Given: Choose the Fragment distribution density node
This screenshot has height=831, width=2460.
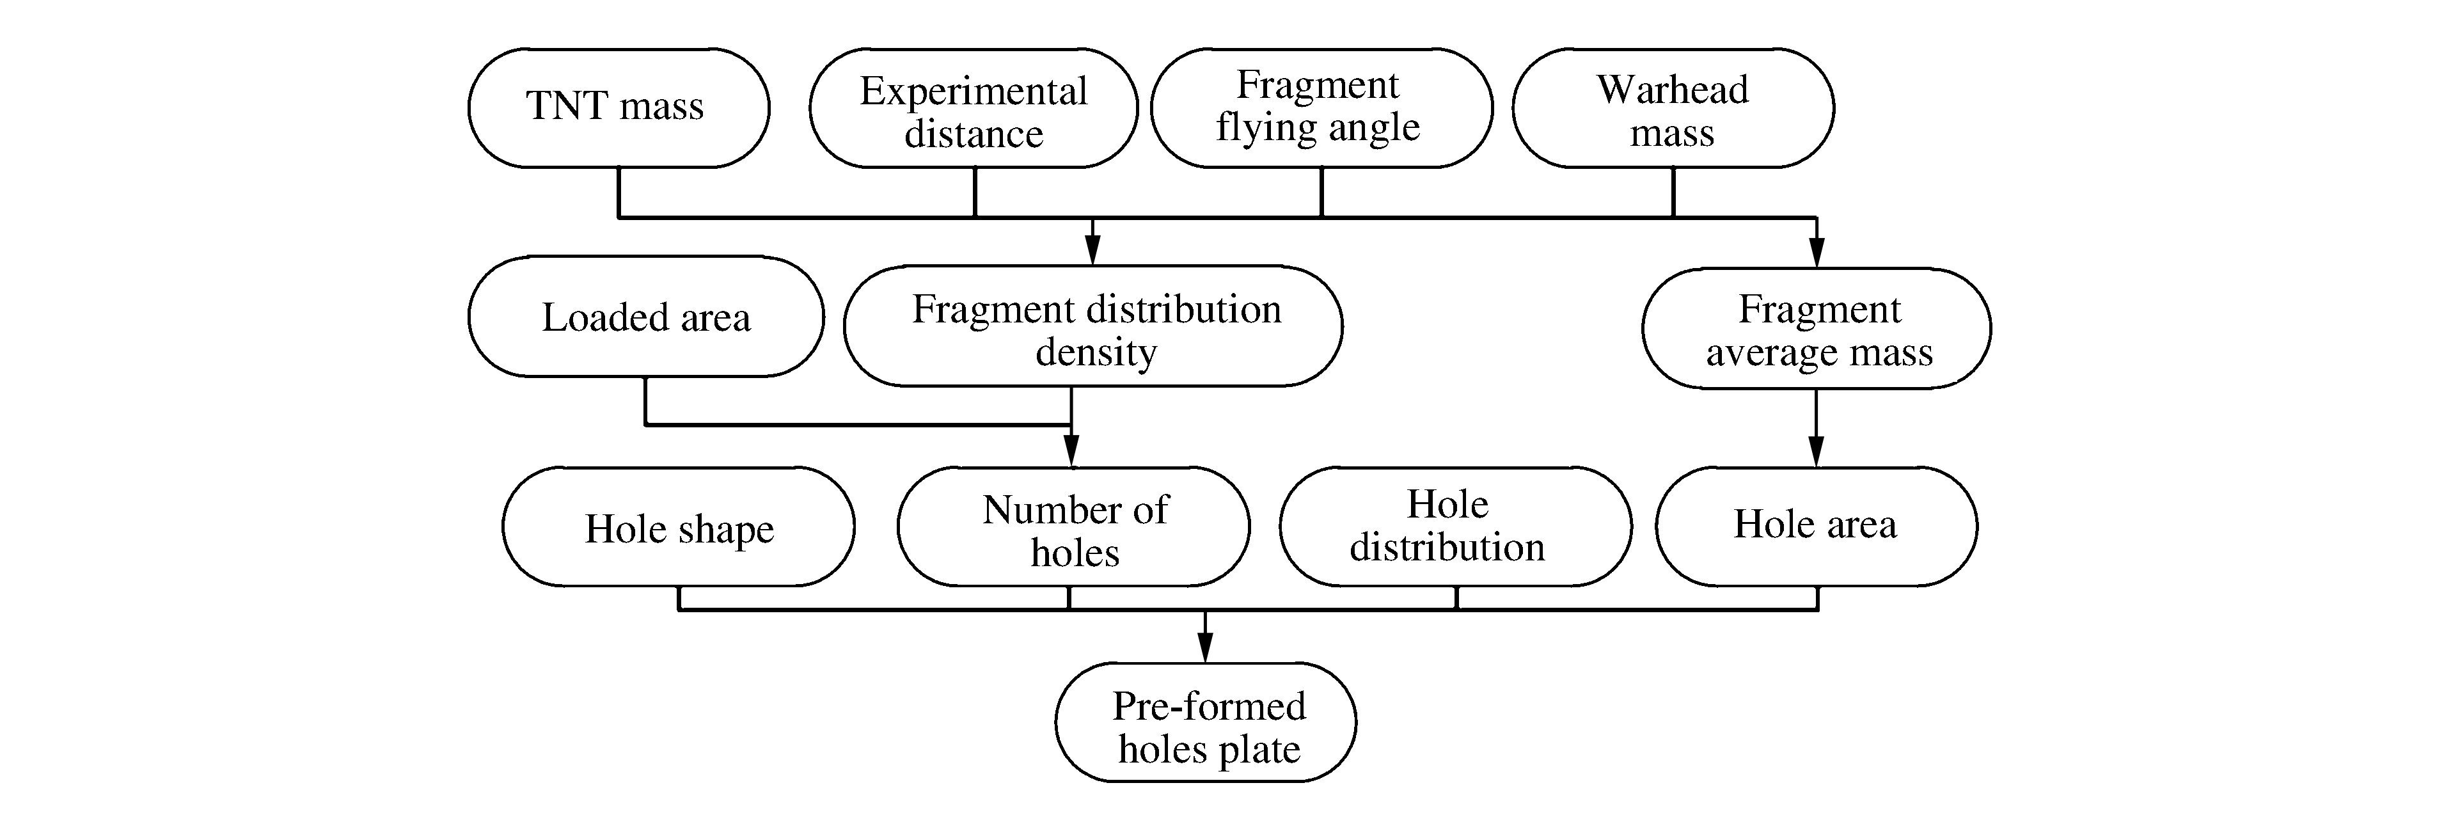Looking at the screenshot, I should (x=1092, y=328).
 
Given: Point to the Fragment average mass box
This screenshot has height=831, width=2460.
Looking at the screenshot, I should (x=1817, y=329).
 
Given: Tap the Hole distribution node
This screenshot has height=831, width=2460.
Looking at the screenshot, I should (x=1455, y=526).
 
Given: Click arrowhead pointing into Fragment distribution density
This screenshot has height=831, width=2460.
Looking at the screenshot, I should (x=1093, y=251).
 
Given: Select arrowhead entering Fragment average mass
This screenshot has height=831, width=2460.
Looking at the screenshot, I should (x=1817, y=253).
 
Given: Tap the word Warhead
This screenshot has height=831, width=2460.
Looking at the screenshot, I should (x=1672, y=90).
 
